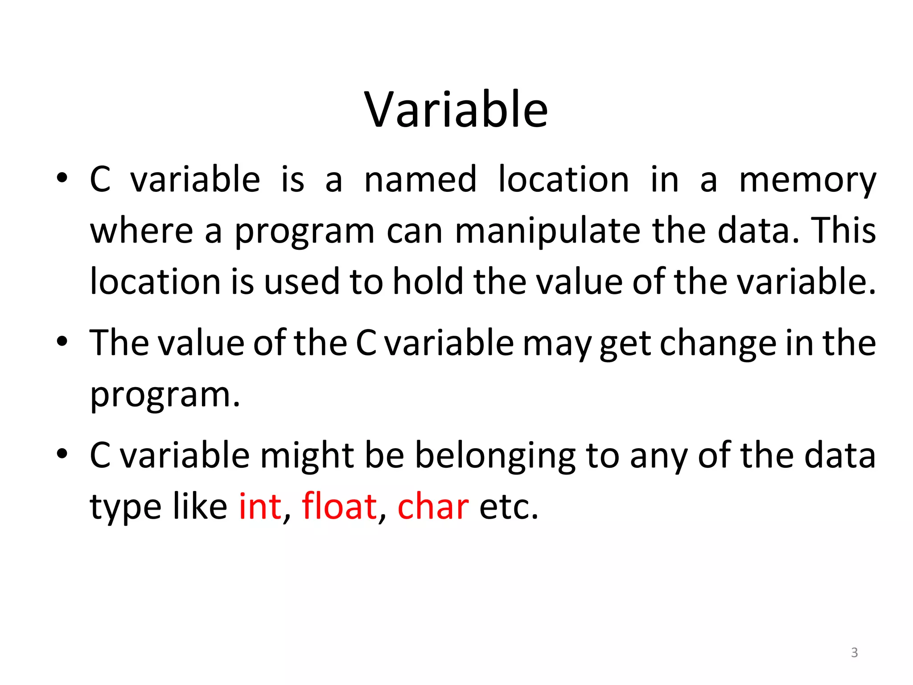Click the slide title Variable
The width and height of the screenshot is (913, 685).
coord(456,110)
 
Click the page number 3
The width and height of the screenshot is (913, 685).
coord(854,652)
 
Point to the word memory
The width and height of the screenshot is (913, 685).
coord(807,180)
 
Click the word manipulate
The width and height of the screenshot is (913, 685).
coord(548,232)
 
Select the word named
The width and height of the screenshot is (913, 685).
coord(420,179)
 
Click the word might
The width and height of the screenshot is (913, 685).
coord(307,456)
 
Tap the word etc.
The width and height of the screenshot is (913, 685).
coord(508,507)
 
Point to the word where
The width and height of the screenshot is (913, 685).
coord(142,231)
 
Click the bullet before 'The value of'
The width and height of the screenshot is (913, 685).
coord(62,342)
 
